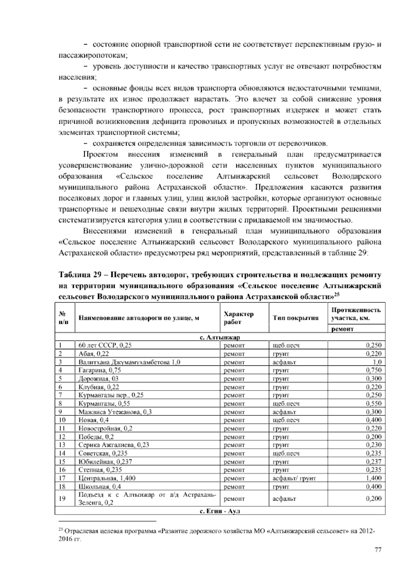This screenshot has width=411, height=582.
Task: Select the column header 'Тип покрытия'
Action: pos(296,318)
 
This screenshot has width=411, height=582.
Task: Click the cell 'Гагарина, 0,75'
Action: pos(100,370)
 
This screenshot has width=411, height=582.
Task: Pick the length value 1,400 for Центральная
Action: pos(373,478)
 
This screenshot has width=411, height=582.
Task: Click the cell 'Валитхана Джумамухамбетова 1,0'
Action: pos(129,362)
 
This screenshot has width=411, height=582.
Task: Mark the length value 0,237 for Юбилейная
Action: pos(373,462)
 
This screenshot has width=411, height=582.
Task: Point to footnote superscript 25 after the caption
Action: pos(337,294)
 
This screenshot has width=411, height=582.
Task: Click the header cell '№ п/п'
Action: pos(62,318)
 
